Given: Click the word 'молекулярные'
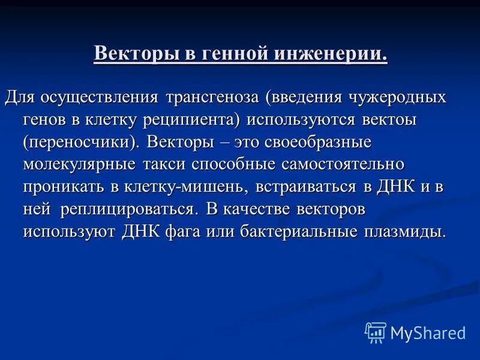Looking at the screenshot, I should point(80,164).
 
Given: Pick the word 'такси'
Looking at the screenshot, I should point(164,164).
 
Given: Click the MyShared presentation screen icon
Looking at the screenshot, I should point(376,332).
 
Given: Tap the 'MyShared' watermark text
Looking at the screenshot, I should point(428,332).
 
